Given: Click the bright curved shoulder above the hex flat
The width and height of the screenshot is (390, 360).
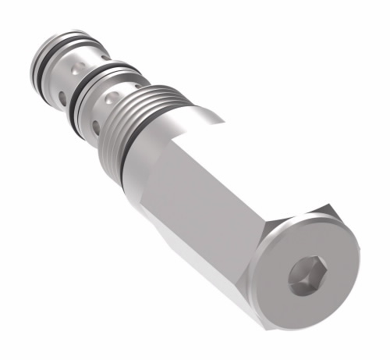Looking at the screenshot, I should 187,117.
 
